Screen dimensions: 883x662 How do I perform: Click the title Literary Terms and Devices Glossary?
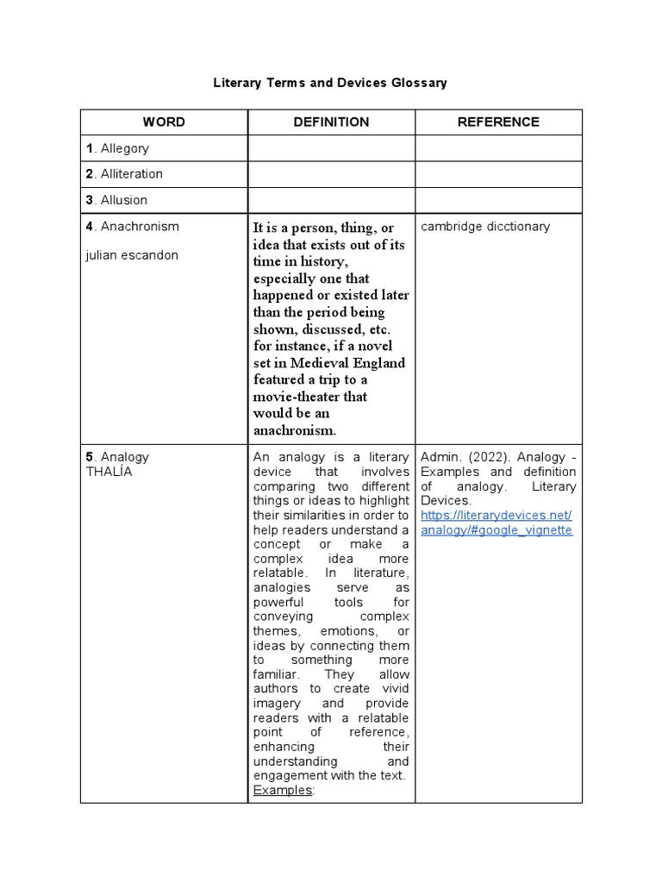pyautogui.click(x=330, y=83)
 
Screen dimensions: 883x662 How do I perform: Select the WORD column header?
pyautogui.click(x=164, y=122)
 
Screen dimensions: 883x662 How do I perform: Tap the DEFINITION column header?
pyautogui.click(x=331, y=122)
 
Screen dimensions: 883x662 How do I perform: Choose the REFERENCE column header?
pyautogui.click(x=498, y=122)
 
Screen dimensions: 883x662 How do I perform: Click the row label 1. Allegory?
pyautogui.click(x=117, y=148)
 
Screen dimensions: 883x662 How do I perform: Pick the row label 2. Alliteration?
pyautogui.click(x=124, y=174)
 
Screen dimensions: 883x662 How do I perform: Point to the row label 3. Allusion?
pyautogui.click(x=116, y=200)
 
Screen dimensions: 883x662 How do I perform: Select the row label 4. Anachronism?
pyautogui.click(x=133, y=227)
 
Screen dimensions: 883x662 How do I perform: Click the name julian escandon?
pyautogui.click(x=132, y=255)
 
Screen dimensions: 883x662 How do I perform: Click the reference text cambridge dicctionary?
pyautogui.click(x=485, y=227)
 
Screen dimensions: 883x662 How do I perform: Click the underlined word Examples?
pyautogui.click(x=283, y=790)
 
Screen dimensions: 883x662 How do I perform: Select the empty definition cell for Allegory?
pyautogui.click(x=331, y=148)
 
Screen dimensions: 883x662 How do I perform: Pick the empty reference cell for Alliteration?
pyautogui.click(x=498, y=174)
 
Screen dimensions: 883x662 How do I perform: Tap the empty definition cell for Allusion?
pyautogui.click(x=331, y=200)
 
